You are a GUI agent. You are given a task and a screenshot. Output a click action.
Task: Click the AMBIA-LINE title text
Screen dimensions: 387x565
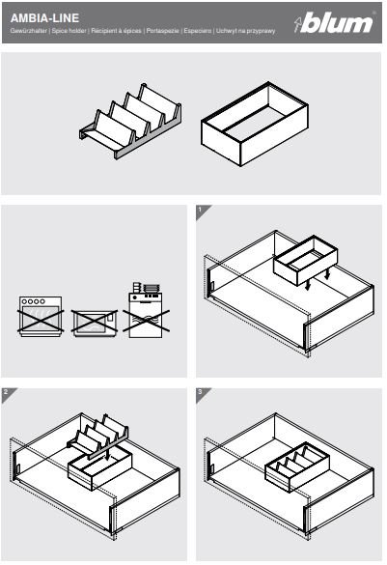[44, 18]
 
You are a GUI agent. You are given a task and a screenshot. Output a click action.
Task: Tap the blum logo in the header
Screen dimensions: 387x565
[334, 22]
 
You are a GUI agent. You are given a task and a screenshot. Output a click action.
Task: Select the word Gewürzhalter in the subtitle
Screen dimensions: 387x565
[28, 31]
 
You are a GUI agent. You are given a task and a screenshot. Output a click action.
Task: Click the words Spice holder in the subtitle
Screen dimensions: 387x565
[69, 31]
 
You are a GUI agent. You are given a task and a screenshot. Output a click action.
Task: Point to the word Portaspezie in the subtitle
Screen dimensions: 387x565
[162, 31]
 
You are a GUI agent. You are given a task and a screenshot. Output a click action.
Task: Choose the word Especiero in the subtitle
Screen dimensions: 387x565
[197, 31]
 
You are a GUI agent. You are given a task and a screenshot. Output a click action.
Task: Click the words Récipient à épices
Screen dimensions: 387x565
[116, 31]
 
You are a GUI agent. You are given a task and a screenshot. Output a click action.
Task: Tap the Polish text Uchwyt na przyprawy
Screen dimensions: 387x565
[245, 31]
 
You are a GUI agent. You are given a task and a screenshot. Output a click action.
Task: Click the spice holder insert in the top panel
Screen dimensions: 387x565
[130, 121]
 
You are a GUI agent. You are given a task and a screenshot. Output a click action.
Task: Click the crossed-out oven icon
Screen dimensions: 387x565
[41, 317]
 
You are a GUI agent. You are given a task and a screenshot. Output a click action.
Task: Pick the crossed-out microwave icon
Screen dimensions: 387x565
[95, 323]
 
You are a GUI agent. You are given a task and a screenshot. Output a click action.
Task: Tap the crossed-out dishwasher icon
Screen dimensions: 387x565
[146, 311]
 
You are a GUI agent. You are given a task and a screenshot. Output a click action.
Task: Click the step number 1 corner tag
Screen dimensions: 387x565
[202, 211]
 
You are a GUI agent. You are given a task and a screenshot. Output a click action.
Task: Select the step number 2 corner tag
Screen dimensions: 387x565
[7, 393]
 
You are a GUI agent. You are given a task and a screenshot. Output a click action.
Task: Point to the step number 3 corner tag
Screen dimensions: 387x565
[202, 393]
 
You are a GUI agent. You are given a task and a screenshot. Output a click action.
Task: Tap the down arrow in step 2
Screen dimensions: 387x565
[107, 453]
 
